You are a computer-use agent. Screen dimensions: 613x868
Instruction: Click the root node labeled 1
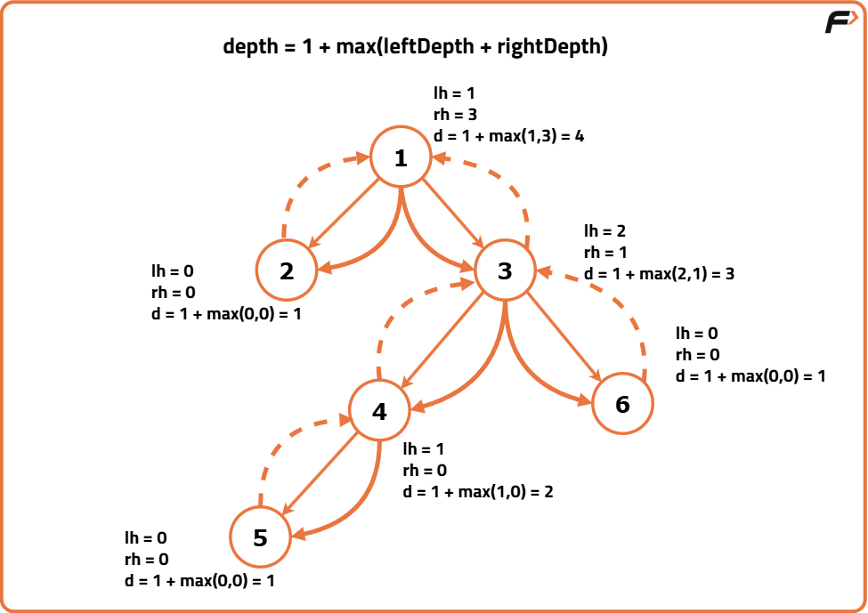point(401,157)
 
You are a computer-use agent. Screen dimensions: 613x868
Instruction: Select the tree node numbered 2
point(287,270)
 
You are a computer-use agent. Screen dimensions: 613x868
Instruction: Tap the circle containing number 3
point(505,270)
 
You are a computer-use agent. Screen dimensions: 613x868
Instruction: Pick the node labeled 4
point(380,411)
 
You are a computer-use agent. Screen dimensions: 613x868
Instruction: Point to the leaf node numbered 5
point(260,537)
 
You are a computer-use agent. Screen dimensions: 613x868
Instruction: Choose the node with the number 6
point(622,404)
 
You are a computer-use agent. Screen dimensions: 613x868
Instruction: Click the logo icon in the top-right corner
point(840,22)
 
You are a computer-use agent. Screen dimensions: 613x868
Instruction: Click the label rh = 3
point(455,114)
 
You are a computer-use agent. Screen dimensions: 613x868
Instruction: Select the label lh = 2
point(605,231)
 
